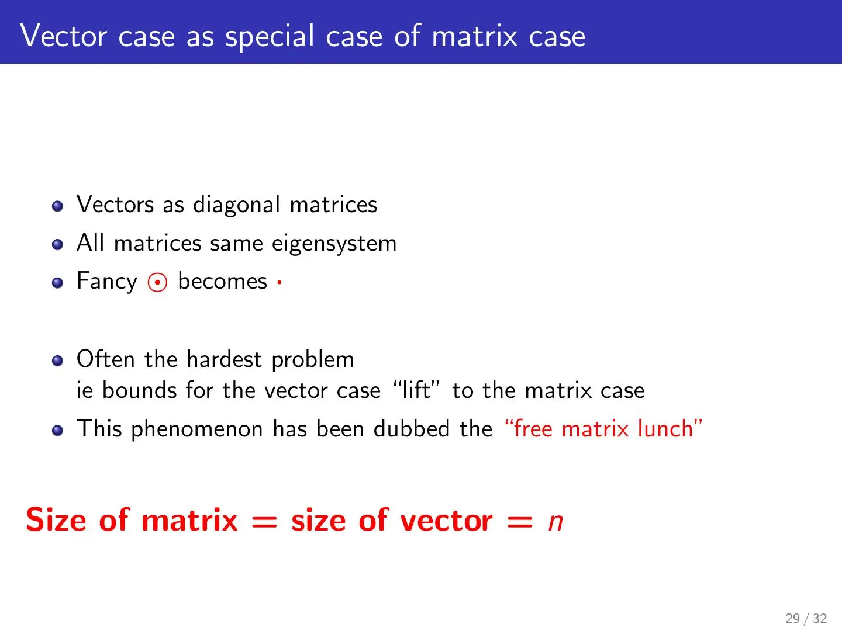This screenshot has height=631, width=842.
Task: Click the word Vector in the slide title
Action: [64, 36]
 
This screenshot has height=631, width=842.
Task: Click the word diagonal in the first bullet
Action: [236, 205]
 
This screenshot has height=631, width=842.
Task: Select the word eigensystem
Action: [334, 243]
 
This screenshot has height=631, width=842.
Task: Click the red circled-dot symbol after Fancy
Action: [157, 282]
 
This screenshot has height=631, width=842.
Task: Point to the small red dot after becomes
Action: [279, 282]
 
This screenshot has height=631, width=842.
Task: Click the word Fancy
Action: [106, 282]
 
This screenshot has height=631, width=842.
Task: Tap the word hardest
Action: [225, 359]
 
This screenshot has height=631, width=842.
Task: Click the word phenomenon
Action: [197, 429]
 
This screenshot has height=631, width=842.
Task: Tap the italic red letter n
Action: [555, 522]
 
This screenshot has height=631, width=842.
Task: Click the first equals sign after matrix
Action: [264, 522]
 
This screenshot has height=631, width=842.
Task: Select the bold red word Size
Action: [56, 520]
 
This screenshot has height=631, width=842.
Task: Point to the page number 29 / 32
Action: [806, 618]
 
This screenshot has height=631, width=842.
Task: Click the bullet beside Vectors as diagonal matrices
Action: [57, 206]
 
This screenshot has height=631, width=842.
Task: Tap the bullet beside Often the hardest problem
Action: [57, 360]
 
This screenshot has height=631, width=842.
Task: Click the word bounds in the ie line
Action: [140, 390]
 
